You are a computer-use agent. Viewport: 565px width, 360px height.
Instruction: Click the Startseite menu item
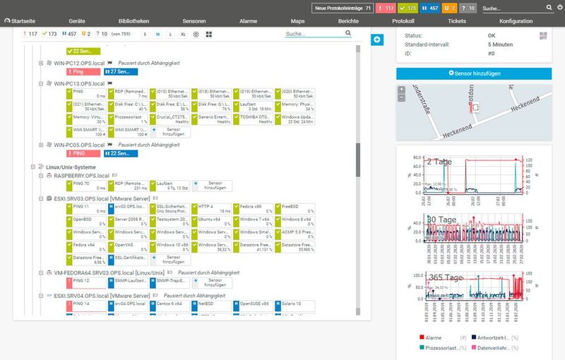click(23, 22)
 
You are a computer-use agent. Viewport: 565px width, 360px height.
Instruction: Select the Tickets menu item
click(457, 22)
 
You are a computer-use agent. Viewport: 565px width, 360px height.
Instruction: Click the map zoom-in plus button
click(402, 90)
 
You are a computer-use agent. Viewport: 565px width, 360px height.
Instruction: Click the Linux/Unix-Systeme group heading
click(72, 167)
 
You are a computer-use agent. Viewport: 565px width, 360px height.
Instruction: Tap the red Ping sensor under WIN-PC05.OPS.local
click(83, 153)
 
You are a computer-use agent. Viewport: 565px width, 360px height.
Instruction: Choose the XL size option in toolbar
click(184, 34)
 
